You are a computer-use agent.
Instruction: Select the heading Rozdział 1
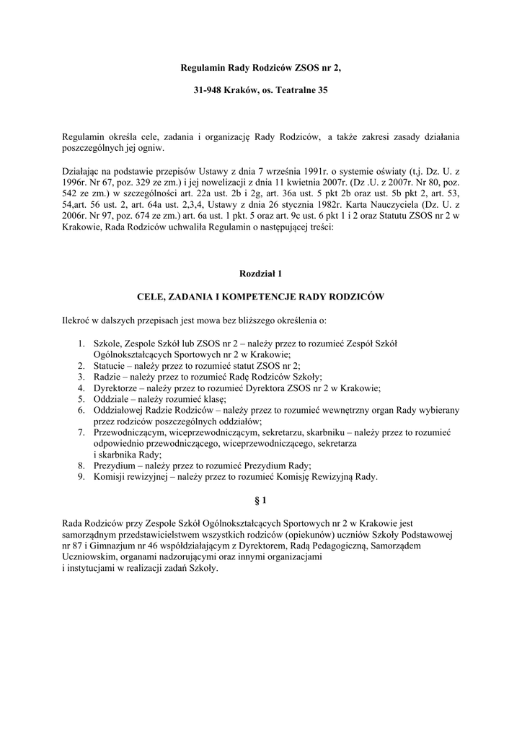(x=260, y=274)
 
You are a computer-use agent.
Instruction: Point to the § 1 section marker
(x=260, y=500)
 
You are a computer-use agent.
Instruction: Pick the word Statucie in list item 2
(x=110, y=366)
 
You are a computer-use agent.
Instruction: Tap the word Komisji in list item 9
(x=109, y=476)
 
